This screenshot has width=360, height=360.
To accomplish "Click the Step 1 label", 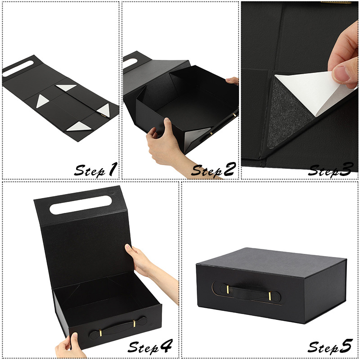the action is pos(96,170).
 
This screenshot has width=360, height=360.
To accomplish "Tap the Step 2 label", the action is pos(213,170).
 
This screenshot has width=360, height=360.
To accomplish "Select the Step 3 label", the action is pos(331,170).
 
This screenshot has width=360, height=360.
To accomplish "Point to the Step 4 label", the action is pos(150,346).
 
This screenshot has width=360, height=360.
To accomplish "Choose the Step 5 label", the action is pos(330,346).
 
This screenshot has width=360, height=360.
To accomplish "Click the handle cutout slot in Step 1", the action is pos(18,68).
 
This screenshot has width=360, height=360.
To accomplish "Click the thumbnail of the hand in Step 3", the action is pos(342,74).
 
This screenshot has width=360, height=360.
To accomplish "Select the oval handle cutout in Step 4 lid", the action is pos(81,205).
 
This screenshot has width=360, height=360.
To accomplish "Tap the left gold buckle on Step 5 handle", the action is pos(228,289).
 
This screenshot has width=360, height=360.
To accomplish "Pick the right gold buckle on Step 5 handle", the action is pos(270,296).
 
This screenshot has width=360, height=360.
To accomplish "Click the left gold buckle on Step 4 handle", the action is pos(100,333).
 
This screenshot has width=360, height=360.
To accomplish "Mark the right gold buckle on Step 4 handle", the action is pos(134,324).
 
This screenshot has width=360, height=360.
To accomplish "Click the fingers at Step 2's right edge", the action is pos(232,81).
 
